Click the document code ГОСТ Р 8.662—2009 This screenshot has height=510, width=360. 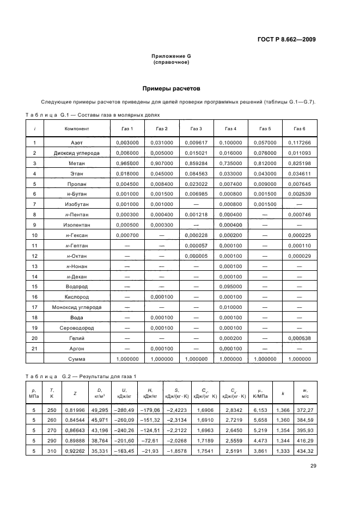[x=287, y=39]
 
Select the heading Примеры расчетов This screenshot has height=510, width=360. [x=171, y=88]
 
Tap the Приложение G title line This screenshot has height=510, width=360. [x=171, y=57]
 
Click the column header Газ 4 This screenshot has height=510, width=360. [x=230, y=129]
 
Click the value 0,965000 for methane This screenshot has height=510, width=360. [x=127, y=163]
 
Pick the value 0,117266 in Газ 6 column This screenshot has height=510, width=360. [x=300, y=143]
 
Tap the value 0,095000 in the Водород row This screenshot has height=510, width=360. [x=230, y=286]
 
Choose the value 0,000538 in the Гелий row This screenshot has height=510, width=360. [x=300, y=338]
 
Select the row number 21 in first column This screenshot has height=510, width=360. [x=34, y=349]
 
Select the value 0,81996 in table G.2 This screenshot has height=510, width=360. [x=75, y=410]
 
